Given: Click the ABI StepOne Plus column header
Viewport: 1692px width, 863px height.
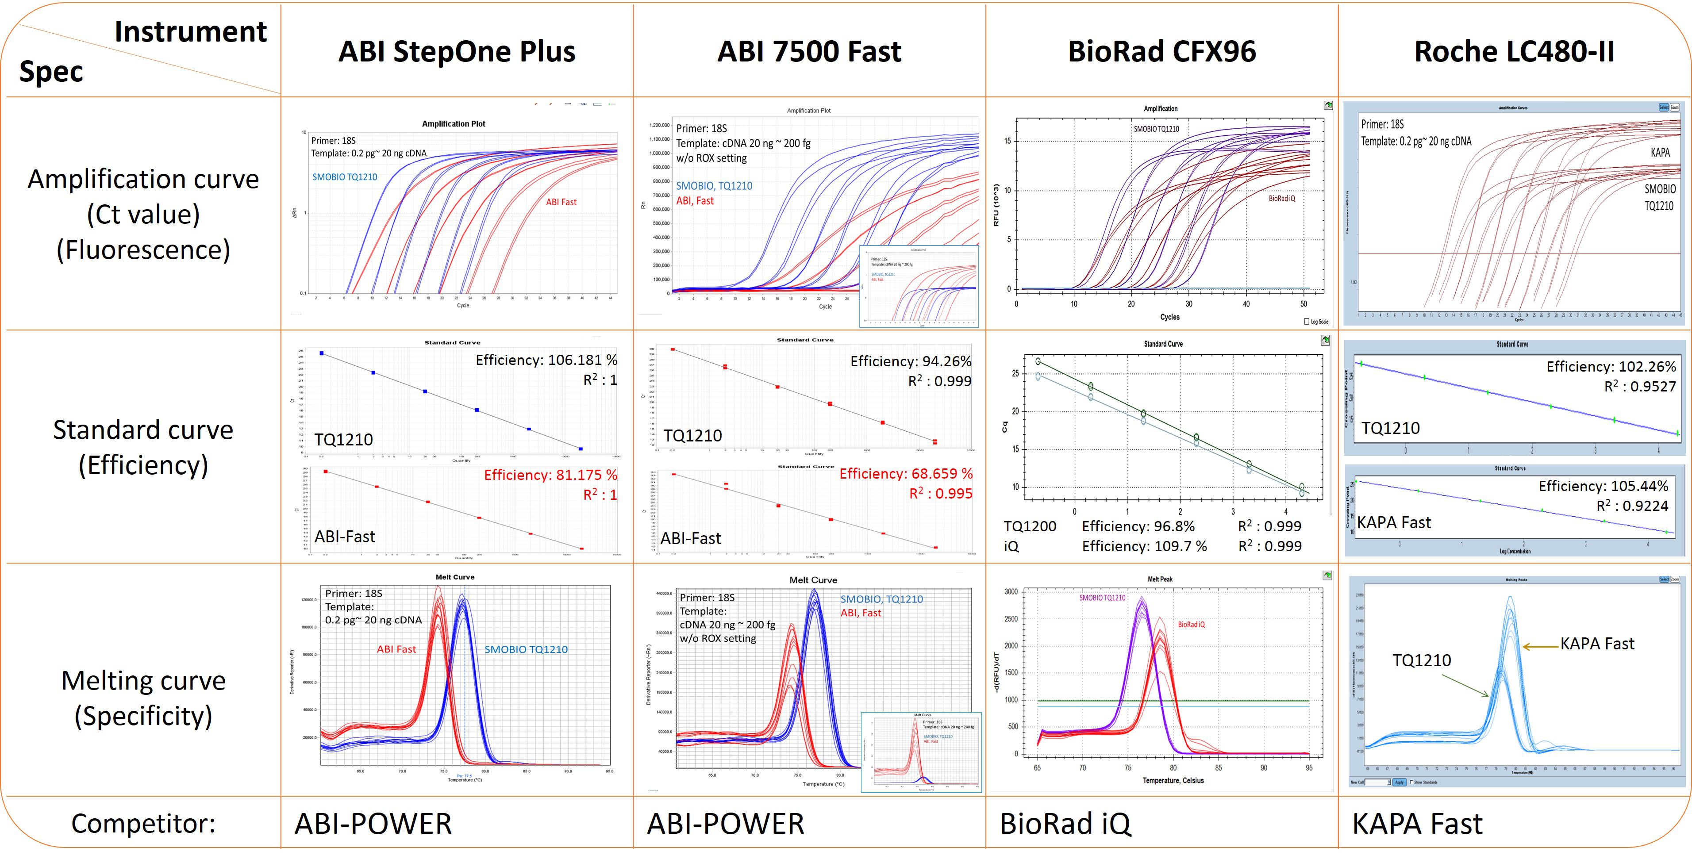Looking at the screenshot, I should coord(457,52).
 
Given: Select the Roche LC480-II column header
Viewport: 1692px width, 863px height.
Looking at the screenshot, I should coord(1514,52).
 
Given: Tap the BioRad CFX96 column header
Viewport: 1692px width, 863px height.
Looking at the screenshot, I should coord(1161,52).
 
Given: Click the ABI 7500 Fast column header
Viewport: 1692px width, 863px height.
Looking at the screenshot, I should coord(809,52).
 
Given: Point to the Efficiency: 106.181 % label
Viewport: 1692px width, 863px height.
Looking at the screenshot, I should coord(546,360).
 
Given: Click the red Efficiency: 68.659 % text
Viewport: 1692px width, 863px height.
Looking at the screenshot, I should coord(906,474).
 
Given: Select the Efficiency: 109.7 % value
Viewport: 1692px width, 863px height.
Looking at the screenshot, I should coord(1144,546).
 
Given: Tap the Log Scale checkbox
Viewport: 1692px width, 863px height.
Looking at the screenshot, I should coord(1307,321).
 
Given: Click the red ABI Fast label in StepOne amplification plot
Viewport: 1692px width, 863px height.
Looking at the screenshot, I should coord(561,202).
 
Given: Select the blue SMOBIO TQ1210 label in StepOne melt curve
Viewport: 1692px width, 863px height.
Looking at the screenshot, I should coord(526,649).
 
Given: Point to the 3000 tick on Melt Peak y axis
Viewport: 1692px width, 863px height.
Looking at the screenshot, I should coord(1011,592).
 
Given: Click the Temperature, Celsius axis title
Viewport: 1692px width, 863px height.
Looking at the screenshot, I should coord(1173,781).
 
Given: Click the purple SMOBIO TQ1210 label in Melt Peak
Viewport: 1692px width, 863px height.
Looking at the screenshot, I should coord(1102,598).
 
